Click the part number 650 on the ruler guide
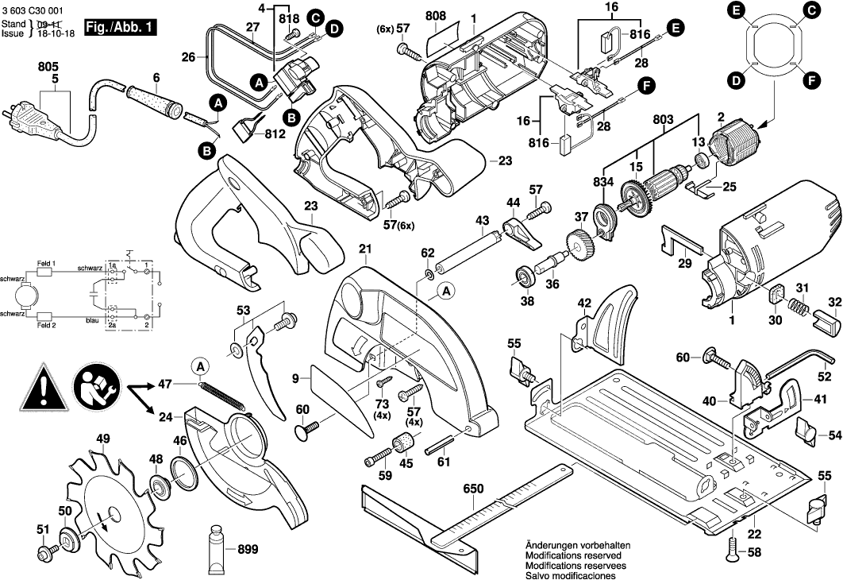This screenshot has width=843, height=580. [x=474, y=489]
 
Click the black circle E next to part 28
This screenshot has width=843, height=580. [x=675, y=29]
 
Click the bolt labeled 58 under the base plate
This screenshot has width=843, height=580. [x=730, y=546]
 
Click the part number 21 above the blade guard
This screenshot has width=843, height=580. [x=364, y=249]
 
